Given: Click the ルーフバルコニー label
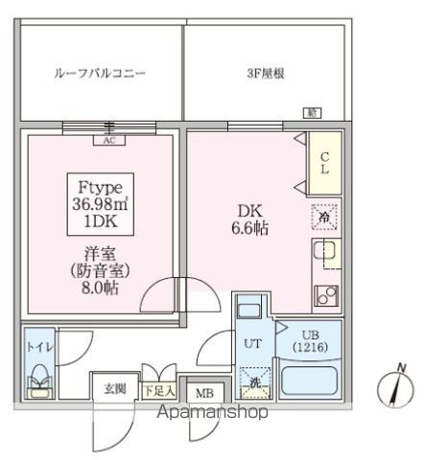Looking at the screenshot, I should pos(99,71).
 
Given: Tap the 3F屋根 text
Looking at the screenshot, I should pos(263,71).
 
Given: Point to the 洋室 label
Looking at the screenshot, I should pos(99,255).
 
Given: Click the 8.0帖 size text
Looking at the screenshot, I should pos(99,287).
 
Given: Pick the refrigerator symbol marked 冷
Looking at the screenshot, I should pos(324,218).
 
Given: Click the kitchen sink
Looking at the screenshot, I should pos(324,255).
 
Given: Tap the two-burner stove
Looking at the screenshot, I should pos(325,293).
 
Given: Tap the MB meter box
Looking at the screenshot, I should pos(205,393).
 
